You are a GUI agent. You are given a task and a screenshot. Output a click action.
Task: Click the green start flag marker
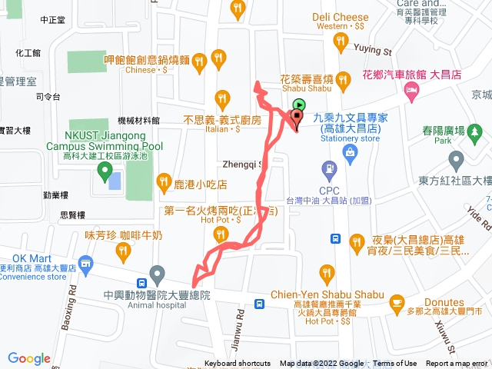point(299,107)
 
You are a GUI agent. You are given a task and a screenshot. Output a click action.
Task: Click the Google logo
point(29,357)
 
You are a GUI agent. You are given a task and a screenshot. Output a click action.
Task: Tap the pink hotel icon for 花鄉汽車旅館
point(412,91)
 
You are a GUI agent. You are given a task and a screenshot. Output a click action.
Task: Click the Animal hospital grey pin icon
point(158,273)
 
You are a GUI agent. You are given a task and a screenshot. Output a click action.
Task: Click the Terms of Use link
point(395,364)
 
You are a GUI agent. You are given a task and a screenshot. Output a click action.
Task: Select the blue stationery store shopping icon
point(350,153)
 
